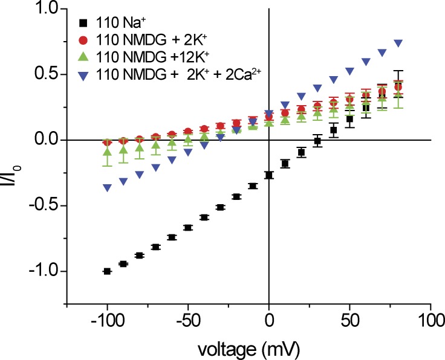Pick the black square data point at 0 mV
point(269,175)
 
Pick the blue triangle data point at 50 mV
point(350,71)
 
